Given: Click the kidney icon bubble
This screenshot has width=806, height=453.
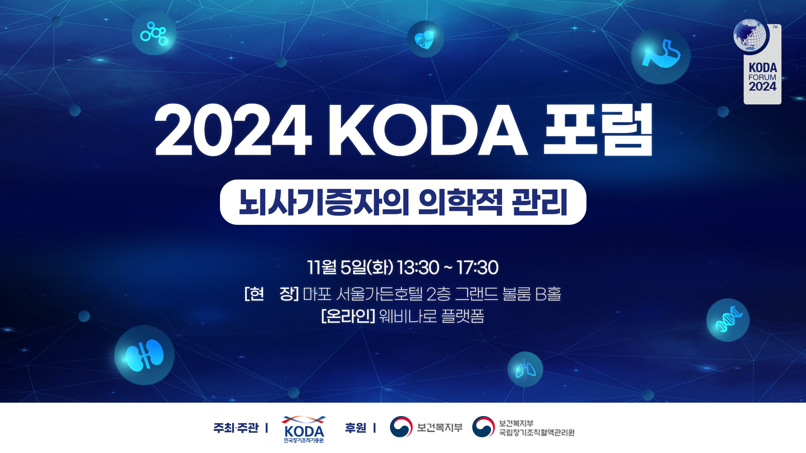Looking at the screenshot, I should pyautogui.click(x=144, y=355).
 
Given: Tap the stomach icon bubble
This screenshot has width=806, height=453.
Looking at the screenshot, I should pyautogui.click(x=661, y=55).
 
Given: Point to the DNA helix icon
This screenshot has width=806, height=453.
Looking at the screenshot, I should pyautogui.click(x=728, y=320).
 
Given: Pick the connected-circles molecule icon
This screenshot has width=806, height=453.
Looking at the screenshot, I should pyautogui.click(x=154, y=33).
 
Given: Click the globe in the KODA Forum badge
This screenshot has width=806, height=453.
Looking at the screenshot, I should pyautogui.click(x=750, y=36).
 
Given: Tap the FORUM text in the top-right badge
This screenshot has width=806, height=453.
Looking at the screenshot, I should pyautogui.click(x=762, y=78).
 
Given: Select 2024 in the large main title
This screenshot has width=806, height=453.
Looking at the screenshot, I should pyautogui.click(x=233, y=130).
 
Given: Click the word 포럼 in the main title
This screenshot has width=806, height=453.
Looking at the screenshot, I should pyautogui.click(x=598, y=130).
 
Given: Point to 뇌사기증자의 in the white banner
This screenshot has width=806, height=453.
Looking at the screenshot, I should pyautogui.click(x=324, y=203).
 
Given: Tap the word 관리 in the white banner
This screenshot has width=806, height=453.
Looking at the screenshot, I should pyautogui.click(x=540, y=203).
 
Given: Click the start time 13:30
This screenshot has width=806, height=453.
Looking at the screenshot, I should pyautogui.click(x=418, y=268).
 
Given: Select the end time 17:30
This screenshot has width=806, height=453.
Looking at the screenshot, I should pyautogui.click(x=478, y=268).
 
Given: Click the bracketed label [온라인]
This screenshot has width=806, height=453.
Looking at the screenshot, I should pyautogui.click(x=348, y=316).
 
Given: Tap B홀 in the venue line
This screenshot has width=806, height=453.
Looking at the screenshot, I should pyautogui.click(x=548, y=294).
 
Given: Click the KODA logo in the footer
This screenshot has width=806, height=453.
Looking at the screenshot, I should pyautogui.click(x=304, y=429).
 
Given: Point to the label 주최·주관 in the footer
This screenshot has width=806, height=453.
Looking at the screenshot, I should pyautogui.click(x=236, y=428).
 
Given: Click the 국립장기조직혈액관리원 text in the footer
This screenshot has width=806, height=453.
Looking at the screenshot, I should pyautogui.click(x=536, y=432).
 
